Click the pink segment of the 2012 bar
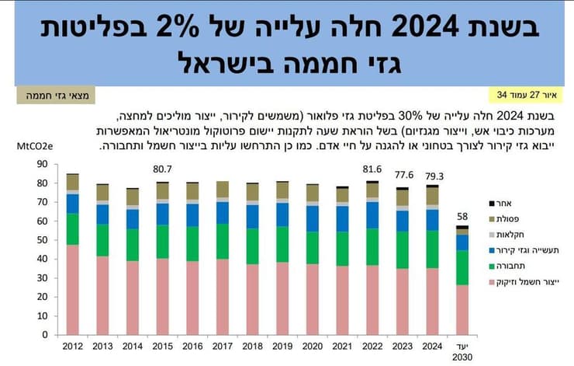pos(72,289)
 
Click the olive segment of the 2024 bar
pos(431,196)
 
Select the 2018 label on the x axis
pos(252,346)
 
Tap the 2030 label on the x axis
pos(462,357)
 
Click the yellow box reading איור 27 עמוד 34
pos(526,95)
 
